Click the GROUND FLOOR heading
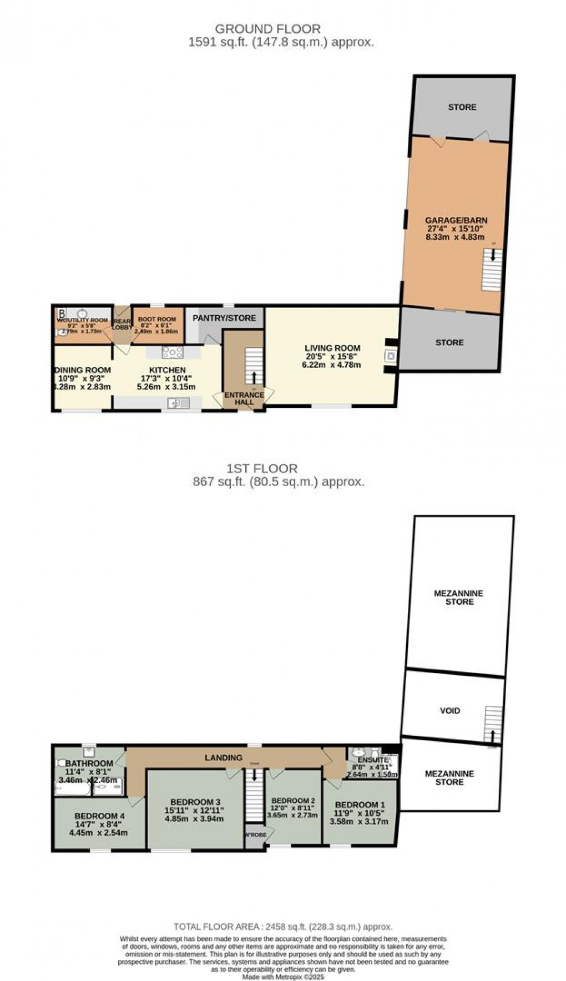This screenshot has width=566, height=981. tap(267, 29)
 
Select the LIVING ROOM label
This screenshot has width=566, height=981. tap(332, 348)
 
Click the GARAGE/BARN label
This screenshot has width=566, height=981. tap(456, 220)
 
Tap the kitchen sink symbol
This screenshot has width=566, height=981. tap(179, 402)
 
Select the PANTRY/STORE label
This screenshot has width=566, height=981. tap(224, 318)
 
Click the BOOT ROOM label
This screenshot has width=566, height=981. tap(157, 319)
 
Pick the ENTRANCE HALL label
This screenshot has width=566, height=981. tap(244, 398)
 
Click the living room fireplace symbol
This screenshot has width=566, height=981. tap(391, 356)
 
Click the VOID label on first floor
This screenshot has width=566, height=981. tap(449, 710)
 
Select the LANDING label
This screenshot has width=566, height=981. tap(224, 757)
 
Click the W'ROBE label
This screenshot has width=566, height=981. tap(255, 835)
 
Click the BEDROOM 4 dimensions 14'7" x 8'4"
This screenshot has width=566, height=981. tap(99, 825)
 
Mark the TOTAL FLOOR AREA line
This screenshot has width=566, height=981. tap(283, 927)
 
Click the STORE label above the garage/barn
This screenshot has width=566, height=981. tap(462, 107)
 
